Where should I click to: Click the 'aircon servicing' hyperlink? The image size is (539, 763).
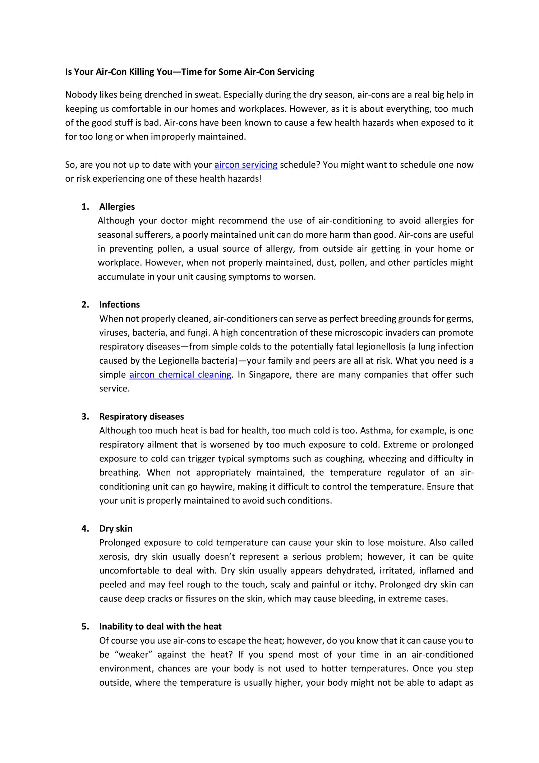pyautogui.click(x=246, y=165)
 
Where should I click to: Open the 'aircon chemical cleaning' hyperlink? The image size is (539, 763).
pyautogui.click(x=180, y=374)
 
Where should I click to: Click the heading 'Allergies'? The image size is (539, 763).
pyautogui.click(x=117, y=206)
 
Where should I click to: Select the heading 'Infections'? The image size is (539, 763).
pyautogui.click(x=119, y=304)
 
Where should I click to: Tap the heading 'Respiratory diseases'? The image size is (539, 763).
pyautogui.click(x=142, y=416)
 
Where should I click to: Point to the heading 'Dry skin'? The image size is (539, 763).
pyautogui.click(x=116, y=528)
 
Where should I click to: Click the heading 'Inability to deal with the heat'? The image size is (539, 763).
pyautogui.click(x=160, y=626)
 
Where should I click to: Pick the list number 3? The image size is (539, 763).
pyautogui.click(x=85, y=416)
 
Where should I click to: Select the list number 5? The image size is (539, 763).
pyautogui.click(x=85, y=626)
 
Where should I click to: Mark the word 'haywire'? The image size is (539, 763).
pyautogui.click(x=220, y=486)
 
